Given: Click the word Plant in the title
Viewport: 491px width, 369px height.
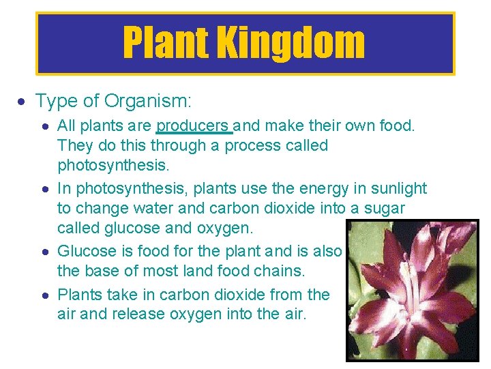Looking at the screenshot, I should [x=164, y=43].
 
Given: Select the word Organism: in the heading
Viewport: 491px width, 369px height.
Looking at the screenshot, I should [x=148, y=102].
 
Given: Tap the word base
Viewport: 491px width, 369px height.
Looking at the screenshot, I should [x=99, y=271].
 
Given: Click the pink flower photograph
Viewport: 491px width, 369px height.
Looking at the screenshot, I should [x=412, y=289].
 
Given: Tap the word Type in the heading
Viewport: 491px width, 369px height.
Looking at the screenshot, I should [x=57, y=102].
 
